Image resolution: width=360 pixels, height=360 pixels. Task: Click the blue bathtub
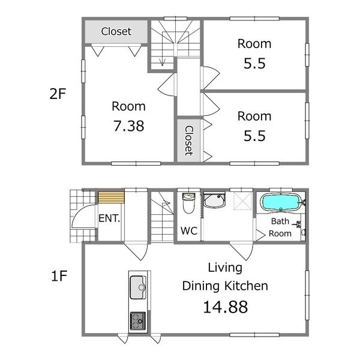coord(281,202)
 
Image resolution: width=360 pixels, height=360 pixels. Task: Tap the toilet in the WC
coord(188,203)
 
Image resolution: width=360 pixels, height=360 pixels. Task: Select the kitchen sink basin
coord(138,287)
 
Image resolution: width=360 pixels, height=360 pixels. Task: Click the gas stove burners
coord(138,321)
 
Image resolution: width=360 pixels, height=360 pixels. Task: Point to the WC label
coord(189,231)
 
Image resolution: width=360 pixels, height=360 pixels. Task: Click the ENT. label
coord(109,218)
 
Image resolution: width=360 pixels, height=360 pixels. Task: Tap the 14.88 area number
coord(226,307)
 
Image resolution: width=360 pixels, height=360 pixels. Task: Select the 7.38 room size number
coord(129,126)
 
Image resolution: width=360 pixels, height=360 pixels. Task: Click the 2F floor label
coord(58,94)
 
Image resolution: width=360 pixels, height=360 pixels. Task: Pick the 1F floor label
coord(59,276)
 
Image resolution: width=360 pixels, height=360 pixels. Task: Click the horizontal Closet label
coord(116,31)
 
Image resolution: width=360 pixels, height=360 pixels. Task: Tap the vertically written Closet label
coord(189,140)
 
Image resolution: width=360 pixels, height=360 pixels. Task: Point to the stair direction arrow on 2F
coord(163,49)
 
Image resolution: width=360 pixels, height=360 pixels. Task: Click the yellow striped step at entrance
coord(111,197)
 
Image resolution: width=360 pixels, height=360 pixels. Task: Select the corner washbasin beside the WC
coord(215,200)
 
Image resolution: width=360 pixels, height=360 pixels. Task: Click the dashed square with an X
coord(243,201)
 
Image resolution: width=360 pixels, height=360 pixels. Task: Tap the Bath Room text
coord(280,227)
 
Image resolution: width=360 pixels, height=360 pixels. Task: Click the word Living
coord(225,268)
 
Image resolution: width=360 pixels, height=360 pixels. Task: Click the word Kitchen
coord(246,286)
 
